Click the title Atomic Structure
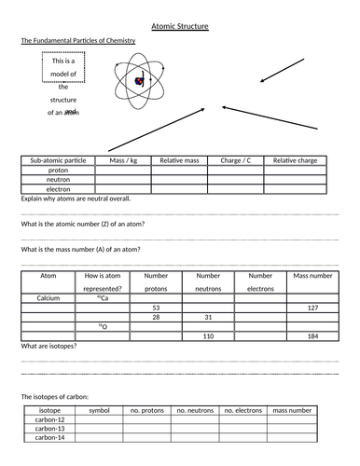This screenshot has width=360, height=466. pos(180,26)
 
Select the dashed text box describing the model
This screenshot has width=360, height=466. pos(62,86)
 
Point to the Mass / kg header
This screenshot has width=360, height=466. pos(123,160)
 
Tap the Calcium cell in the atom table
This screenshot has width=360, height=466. pos(48,298)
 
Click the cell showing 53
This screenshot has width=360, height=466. pos(156,308)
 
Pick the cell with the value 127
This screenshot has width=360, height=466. pos(312,308)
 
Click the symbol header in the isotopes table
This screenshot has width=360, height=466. pos(99,409)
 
